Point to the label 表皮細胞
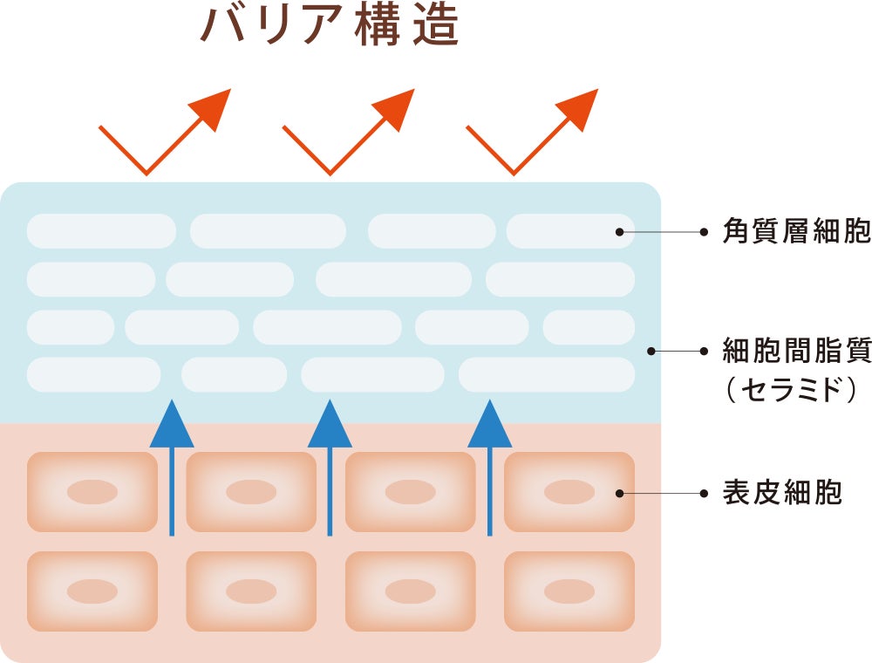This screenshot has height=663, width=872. pos(782,493)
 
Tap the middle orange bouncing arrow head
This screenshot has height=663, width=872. pos(396,108)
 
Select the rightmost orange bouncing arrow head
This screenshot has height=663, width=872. pos(580,108)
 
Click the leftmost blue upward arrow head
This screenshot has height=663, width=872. pos(172,425)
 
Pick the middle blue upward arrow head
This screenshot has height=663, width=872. pos(330,425)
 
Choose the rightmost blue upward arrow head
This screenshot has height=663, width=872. pos(489,425)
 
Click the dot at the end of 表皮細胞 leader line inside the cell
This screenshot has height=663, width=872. pos(619,493)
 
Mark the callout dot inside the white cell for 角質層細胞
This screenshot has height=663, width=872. pos(619,232)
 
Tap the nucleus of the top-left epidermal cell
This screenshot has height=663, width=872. pos(92,492)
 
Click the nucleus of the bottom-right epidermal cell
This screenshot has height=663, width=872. pos(569,591)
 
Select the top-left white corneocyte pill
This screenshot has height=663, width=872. pos(101,231)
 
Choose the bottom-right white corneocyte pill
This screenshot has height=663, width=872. pos(546,374)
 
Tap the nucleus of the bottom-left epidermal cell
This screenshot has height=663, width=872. pos(92,591)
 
